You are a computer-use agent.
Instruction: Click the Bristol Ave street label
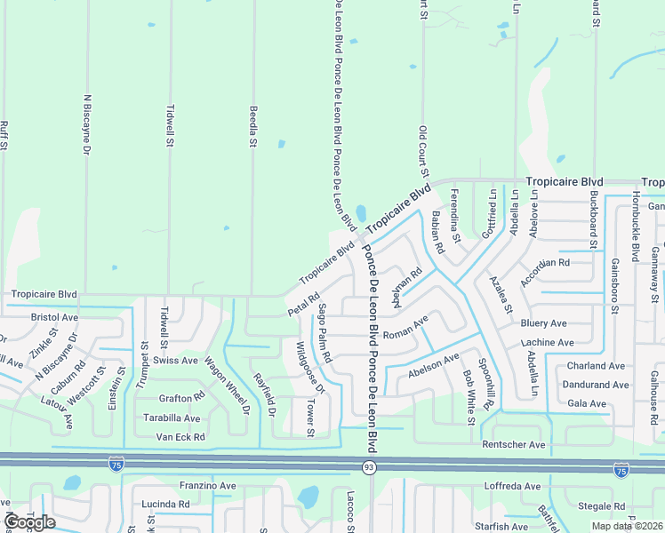(54, 316)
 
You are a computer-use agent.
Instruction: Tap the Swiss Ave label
(174, 361)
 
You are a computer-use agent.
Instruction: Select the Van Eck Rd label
(180, 437)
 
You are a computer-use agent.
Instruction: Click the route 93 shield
(368, 466)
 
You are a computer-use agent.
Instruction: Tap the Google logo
(29, 521)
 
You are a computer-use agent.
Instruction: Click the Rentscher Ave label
(513, 444)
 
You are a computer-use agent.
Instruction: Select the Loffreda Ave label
(512, 487)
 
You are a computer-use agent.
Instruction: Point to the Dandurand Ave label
(595, 386)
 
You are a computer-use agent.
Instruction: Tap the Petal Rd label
(302, 304)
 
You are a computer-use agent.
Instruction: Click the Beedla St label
(252, 125)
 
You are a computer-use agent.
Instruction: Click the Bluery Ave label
(544, 323)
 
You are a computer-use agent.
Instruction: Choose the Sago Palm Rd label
(324, 333)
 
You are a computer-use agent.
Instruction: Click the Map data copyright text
(628, 526)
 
